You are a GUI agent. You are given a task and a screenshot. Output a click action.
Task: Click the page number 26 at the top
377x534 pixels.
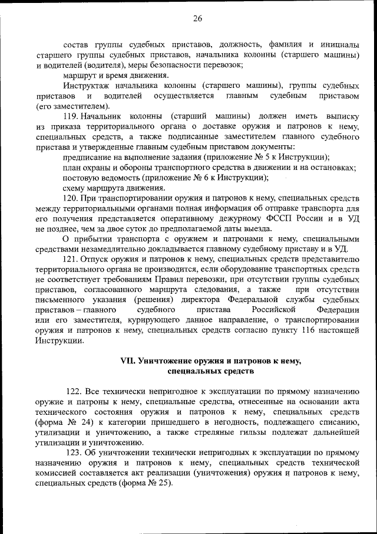click(x=197, y=18)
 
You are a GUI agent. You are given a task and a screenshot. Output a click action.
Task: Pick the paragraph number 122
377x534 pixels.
click(x=75, y=392)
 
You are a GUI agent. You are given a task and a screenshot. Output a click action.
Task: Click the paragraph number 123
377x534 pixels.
click(x=75, y=453)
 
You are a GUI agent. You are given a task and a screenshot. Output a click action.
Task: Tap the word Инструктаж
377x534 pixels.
click(x=87, y=86)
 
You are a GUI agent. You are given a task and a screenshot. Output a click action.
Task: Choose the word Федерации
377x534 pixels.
click(x=337, y=309)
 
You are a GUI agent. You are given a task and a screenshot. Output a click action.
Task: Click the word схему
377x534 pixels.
click(x=75, y=188)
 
